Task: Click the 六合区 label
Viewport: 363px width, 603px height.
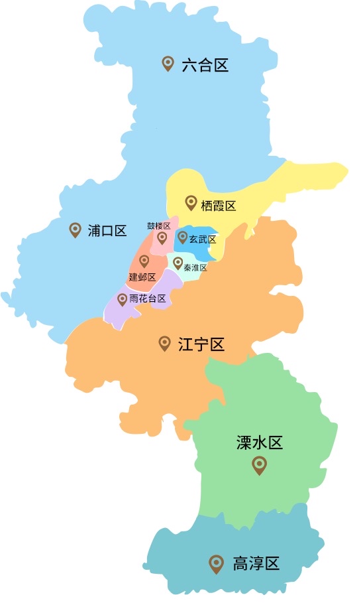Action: click(x=205, y=65)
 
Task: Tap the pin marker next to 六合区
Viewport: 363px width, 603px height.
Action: click(x=168, y=64)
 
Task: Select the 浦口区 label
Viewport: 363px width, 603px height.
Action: click(x=107, y=231)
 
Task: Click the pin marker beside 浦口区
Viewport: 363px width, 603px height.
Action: click(x=76, y=230)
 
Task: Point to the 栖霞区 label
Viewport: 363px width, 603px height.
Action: click(x=219, y=206)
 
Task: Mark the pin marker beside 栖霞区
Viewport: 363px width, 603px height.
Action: click(x=191, y=202)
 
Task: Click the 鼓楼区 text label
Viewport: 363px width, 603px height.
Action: click(x=159, y=226)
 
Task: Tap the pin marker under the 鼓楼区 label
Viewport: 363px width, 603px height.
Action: click(x=162, y=237)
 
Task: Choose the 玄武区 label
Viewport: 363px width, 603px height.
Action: click(x=203, y=239)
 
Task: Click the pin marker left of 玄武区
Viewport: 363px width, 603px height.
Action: click(x=183, y=237)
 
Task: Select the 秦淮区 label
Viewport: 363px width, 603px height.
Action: click(x=196, y=267)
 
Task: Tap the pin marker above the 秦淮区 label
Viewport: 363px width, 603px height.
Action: click(x=178, y=263)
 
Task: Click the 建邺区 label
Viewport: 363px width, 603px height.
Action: click(x=142, y=277)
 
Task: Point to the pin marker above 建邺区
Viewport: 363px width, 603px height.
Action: click(x=144, y=261)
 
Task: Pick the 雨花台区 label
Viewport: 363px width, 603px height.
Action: click(x=148, y=299)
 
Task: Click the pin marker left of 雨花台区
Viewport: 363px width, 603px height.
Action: click(x=122, y=299)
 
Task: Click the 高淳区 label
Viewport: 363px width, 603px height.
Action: click(x=256, y=565)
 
